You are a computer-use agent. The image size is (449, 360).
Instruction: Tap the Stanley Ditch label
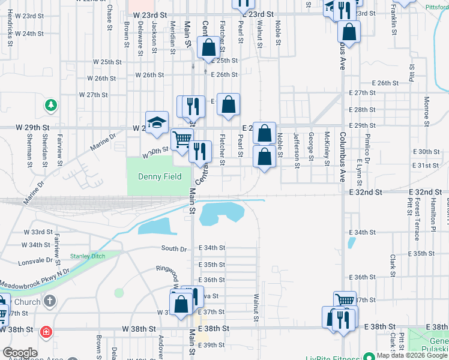(x=87, y=256)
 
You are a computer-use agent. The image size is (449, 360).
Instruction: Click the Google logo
(x=19, y=353)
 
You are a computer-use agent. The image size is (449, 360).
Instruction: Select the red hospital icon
(x=45, y=332)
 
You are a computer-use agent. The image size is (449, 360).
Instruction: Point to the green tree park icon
(x=52, y=106)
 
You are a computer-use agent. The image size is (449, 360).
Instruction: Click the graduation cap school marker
(x=157, y=122)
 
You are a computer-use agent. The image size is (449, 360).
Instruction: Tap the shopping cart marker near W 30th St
(x=182, y=140)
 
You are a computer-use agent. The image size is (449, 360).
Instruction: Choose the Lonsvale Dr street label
(x=35, y=261)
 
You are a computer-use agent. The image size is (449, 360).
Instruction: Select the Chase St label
(x=109, y=17)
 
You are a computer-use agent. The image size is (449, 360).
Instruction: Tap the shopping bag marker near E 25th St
(x=209, y=48)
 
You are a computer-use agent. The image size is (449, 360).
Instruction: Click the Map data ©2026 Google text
(x=411, y=355)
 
